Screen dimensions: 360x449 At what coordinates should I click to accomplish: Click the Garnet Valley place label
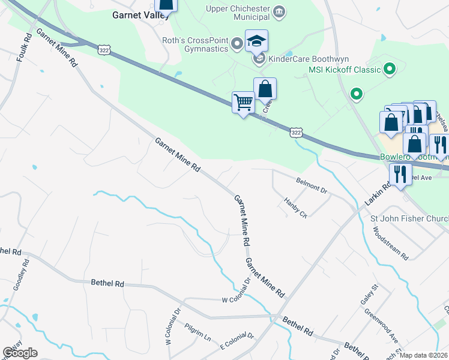133,16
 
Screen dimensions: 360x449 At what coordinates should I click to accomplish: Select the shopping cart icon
243,103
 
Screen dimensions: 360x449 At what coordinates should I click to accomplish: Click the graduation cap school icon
256,41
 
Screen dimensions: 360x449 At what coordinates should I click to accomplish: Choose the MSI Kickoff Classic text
345,70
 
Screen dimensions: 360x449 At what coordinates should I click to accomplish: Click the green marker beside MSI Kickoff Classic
389,70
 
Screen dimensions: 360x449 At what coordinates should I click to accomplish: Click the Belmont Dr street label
312,185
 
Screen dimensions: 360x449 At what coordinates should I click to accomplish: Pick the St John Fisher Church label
409,218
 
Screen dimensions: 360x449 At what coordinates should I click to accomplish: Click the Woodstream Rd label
391,242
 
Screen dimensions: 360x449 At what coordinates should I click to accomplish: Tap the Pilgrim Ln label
198,334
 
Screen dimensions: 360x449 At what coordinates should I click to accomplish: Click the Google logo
19,353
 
